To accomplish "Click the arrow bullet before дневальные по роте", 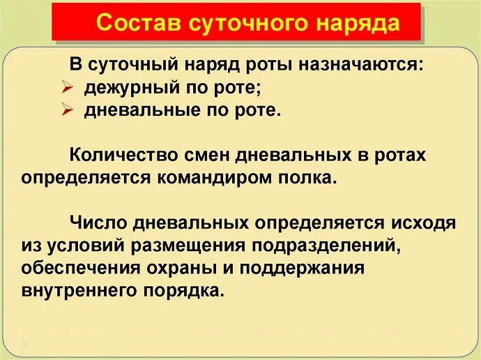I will tap(67, 111).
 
